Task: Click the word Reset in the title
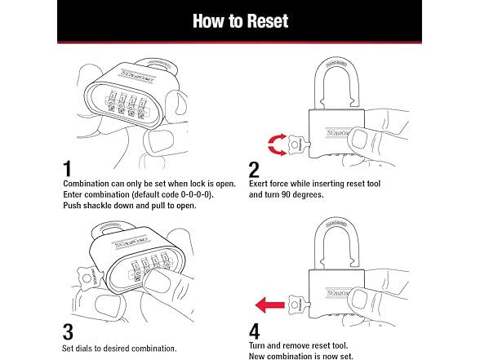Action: [268, 21]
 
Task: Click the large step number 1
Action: [67, 169]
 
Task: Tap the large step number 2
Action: [254, 170]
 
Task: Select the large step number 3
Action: [68, 332]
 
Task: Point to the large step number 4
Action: [255, 331]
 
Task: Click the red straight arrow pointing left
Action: [269, 305]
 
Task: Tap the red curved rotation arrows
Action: [277, 144]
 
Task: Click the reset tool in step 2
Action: [298, 144]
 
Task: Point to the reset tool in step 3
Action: [90, 278]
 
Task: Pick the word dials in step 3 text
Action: [82, 349]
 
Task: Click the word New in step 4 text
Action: [256, 356]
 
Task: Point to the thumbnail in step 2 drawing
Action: [359, 140]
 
